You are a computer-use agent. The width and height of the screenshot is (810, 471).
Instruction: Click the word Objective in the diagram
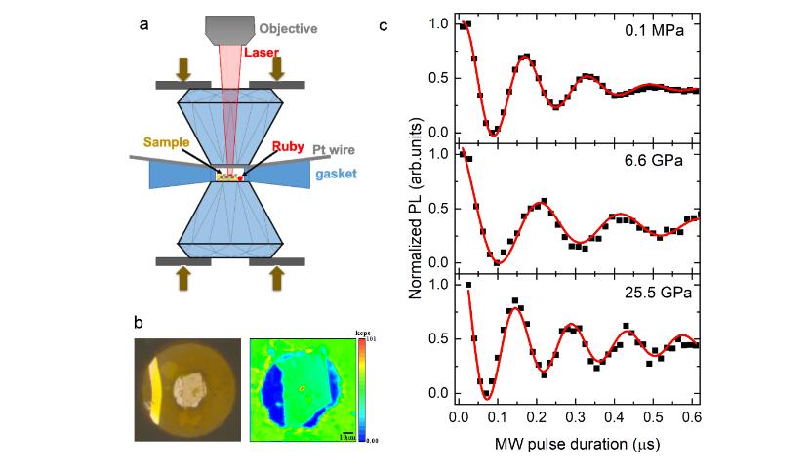(289, 29)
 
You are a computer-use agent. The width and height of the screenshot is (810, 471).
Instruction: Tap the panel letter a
(143, 25)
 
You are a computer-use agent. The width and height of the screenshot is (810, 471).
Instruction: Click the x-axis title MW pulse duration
(579, 446)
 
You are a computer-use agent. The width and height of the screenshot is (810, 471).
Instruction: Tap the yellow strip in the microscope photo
(157, 385)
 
